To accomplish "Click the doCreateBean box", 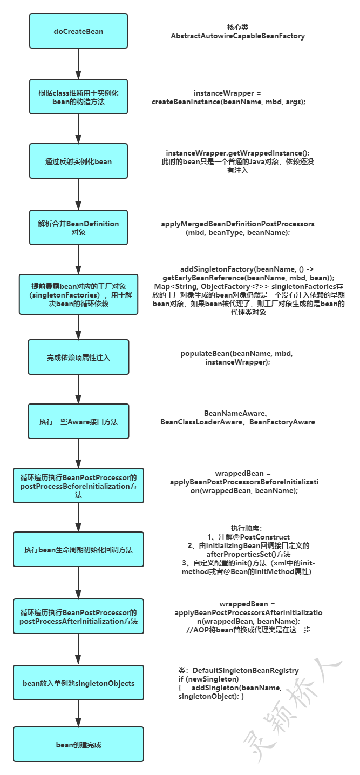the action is [78, 31].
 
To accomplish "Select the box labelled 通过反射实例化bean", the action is [78, 161].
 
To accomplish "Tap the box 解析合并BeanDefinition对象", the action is [78, 227].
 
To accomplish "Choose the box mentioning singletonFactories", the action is [78, 294].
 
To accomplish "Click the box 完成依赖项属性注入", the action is [78, 357].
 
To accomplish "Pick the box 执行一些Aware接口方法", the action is [78, 421].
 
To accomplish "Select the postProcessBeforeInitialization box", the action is [78, 486].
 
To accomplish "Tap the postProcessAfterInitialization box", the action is [78, 617].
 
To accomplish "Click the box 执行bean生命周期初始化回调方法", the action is [78, 550].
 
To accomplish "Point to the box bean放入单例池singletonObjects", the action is [78, 683].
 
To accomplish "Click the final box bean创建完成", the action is [78, 745].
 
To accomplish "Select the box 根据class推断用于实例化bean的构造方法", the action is [78, 97].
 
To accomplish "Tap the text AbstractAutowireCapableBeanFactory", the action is [237, 36].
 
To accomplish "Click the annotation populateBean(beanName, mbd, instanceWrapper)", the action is [237, 358].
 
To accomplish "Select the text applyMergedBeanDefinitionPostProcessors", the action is [237, 223].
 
